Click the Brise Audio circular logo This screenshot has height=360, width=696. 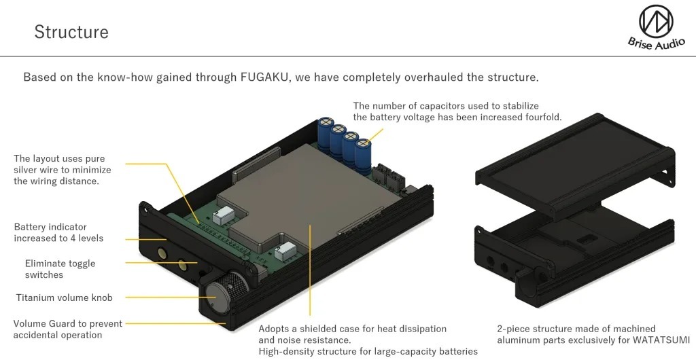point(656,21)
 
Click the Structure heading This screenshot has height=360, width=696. point(71,32)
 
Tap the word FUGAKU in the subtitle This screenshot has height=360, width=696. point(264,77)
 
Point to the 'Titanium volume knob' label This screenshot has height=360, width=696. point(65,298)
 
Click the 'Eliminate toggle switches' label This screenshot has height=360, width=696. point(60,269)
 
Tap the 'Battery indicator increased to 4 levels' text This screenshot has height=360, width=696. point(58,233)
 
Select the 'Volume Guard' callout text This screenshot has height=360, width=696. point(67,329)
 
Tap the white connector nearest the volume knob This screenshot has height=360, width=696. point(283,252)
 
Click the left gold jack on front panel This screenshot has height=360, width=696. point(161,253)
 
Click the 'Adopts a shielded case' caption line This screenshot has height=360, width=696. point(353,329)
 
